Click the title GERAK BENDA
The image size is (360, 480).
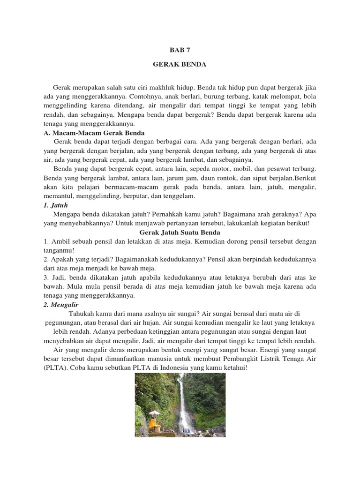point(180,64)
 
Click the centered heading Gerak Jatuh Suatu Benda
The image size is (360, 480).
point(180,232)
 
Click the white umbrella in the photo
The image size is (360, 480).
point(154,414)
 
